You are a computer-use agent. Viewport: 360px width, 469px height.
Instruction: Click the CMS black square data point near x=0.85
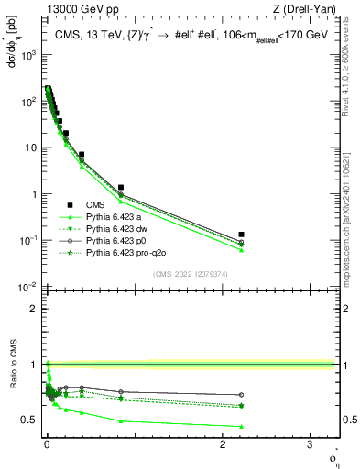[x=121, y=187]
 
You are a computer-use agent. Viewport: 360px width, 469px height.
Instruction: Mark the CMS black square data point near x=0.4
[x=82, y=155]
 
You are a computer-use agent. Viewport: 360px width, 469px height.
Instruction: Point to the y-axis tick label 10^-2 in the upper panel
[x=28, y=287]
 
